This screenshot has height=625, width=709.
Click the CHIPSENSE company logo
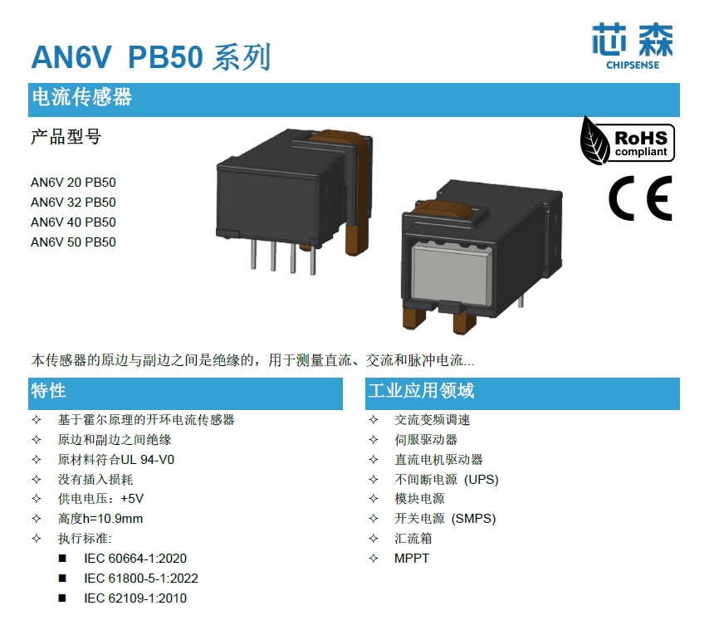click(x=632, y=46)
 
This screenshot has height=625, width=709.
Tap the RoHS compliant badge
click(x=628, y=139)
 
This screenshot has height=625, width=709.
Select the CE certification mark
click(x=639, y=200)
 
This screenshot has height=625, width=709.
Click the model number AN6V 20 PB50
click(x=73, y=183)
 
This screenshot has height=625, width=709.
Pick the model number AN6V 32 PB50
click(x=73, y=203)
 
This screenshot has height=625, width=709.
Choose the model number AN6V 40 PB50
click(x=73, y=222)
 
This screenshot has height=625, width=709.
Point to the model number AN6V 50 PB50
click(x=73, y=242)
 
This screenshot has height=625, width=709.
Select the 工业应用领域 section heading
click(x=421, y=391)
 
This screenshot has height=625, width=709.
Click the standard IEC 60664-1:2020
click(x=135, y=559)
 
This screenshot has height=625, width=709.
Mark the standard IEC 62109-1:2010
click(x=135, y=598)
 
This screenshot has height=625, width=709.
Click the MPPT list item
click(x=412, y=559)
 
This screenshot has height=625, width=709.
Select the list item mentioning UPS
click(x=447, y=480)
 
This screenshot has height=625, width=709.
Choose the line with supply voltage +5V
click(x=100, y=500)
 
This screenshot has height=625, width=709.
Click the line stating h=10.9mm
click(x=100, y=520)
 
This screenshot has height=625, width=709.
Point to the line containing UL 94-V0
click(x=115, y=460)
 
